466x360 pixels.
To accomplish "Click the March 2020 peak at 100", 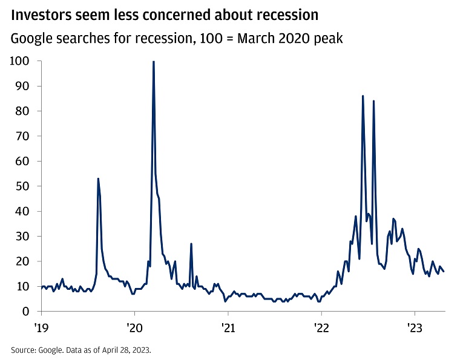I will pyautogui.click(x=153, y=62).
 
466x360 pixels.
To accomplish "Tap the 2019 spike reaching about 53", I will pyautogui.click(x=98, y=179).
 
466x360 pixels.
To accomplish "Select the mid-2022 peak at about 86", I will pyautogui.click(x=363, y=96).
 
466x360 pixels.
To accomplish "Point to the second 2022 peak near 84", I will pyautogui.click(x=373, y=101).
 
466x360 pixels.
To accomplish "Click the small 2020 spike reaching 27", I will pyautogui.click(x=191, y=244).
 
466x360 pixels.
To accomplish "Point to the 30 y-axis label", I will pyautogui.click(x=23, y=236).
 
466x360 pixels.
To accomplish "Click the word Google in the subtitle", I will pyautogui.click(x=30, y=39).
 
